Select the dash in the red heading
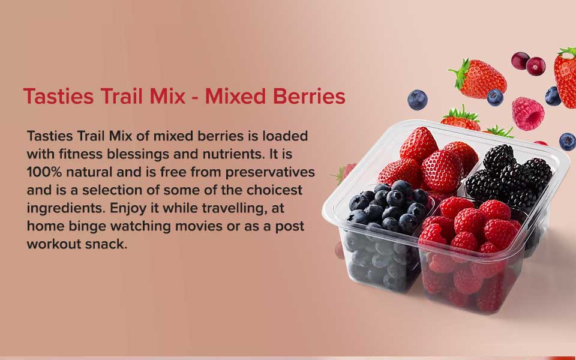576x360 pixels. [x=196, y=98]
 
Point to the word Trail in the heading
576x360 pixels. [x=121, y=96]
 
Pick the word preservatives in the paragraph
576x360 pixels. [x=270, y=173]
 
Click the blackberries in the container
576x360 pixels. [x=509, y=177]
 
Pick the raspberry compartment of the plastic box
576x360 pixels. [x=474, y=253]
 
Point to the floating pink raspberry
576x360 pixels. [x=528, y=113]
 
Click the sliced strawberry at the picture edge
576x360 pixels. [x=566, y=77]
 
